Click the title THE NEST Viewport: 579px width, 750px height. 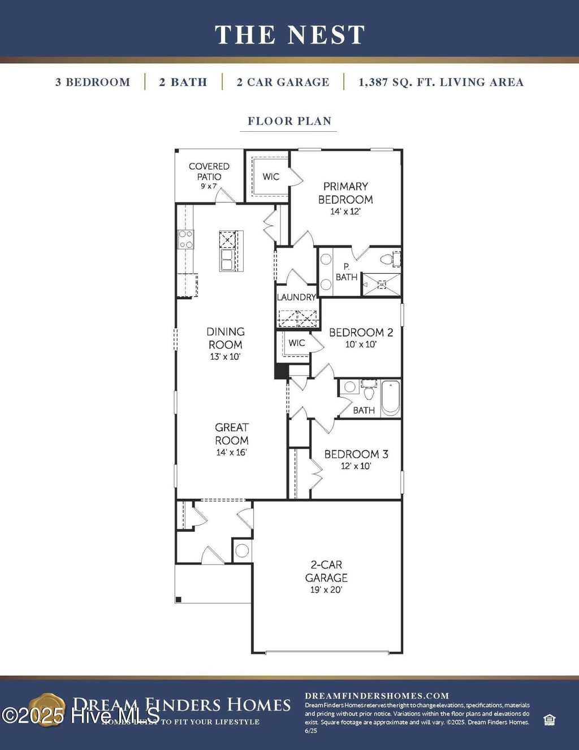[289, 35]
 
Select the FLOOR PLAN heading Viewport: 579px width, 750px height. [289, 121]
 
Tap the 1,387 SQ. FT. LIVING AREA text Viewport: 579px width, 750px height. [440, 82]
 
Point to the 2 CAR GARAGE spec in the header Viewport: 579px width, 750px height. [283, 82]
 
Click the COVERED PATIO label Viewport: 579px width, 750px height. [209, 171]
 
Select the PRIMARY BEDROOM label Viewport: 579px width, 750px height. [345, 193]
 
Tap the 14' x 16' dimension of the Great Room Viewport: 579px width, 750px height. [231, 452]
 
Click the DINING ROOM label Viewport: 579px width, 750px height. [225, 338]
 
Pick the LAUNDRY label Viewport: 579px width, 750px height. [296, 297]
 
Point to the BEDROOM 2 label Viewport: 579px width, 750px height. [361, 333]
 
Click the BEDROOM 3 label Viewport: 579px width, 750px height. [356, 454]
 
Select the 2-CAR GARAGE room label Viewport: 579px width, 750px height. [326, 571]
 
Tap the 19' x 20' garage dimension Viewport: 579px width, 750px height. [326, 590]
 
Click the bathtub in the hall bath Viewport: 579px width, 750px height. [391, 398]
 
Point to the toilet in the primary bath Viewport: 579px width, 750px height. [388, 260]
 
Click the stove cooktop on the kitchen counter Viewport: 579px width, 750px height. [185, 240]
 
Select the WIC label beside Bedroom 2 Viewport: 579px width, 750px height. [296, 343]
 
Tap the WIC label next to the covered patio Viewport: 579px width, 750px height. [271, 176]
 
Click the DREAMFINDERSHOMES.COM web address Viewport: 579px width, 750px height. [377, 696]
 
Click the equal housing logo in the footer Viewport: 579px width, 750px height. [548, 719]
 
